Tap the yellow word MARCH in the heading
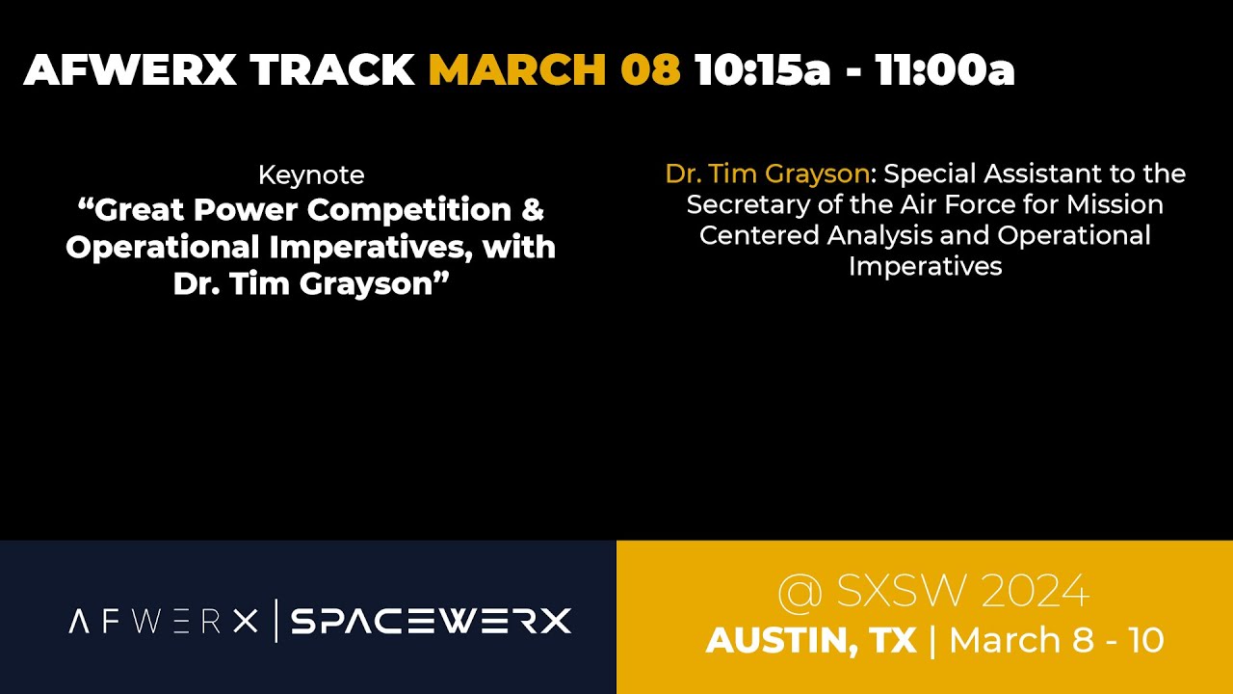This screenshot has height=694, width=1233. coord(517,70)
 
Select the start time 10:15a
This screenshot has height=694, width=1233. coord(762,70)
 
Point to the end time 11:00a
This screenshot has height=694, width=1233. coord(945,70)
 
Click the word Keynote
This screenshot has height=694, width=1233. coord(311,175)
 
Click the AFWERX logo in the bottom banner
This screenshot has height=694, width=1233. coord(164,622)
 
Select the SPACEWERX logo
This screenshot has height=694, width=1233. coord(431,622)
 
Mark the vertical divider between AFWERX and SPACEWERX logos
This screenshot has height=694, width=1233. coord(276,621)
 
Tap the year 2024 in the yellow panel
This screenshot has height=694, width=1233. coord(1036,592)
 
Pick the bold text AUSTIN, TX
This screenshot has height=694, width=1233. coord(811,641)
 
